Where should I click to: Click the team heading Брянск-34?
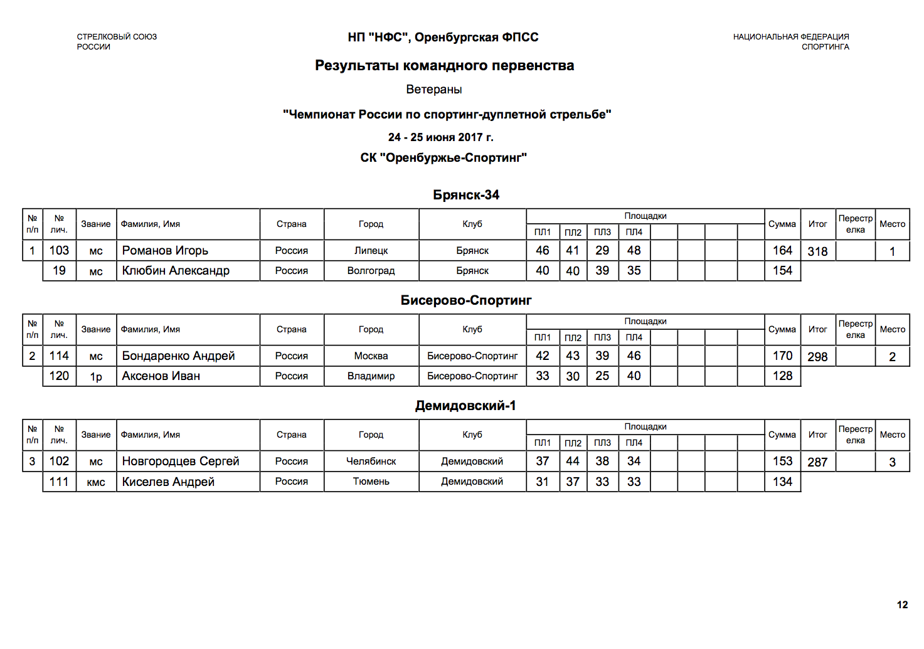point(466,195)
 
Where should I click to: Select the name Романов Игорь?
point(165,251)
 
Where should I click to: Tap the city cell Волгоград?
point(371,271)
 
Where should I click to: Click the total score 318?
point(817,251)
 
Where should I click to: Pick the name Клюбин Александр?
point(176,271)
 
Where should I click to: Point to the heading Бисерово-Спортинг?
point(466,300)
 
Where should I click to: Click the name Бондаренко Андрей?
point(178,356)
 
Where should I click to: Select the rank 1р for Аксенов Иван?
point(96,377)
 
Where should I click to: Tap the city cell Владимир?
point(371,376)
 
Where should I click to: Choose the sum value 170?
point(782,356)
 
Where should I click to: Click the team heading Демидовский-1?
point(465,406)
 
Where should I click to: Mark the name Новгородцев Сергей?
point(181,462)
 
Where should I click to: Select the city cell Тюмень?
point(371,482)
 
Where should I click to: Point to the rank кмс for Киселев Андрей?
point(96,482)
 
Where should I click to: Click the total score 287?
point(817,462)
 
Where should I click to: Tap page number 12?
point(902,605)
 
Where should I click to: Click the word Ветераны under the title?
point(434,90)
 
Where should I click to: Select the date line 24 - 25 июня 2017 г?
point(440,137)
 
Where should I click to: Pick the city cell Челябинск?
point(371,462)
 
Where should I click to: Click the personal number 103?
point(59,251)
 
